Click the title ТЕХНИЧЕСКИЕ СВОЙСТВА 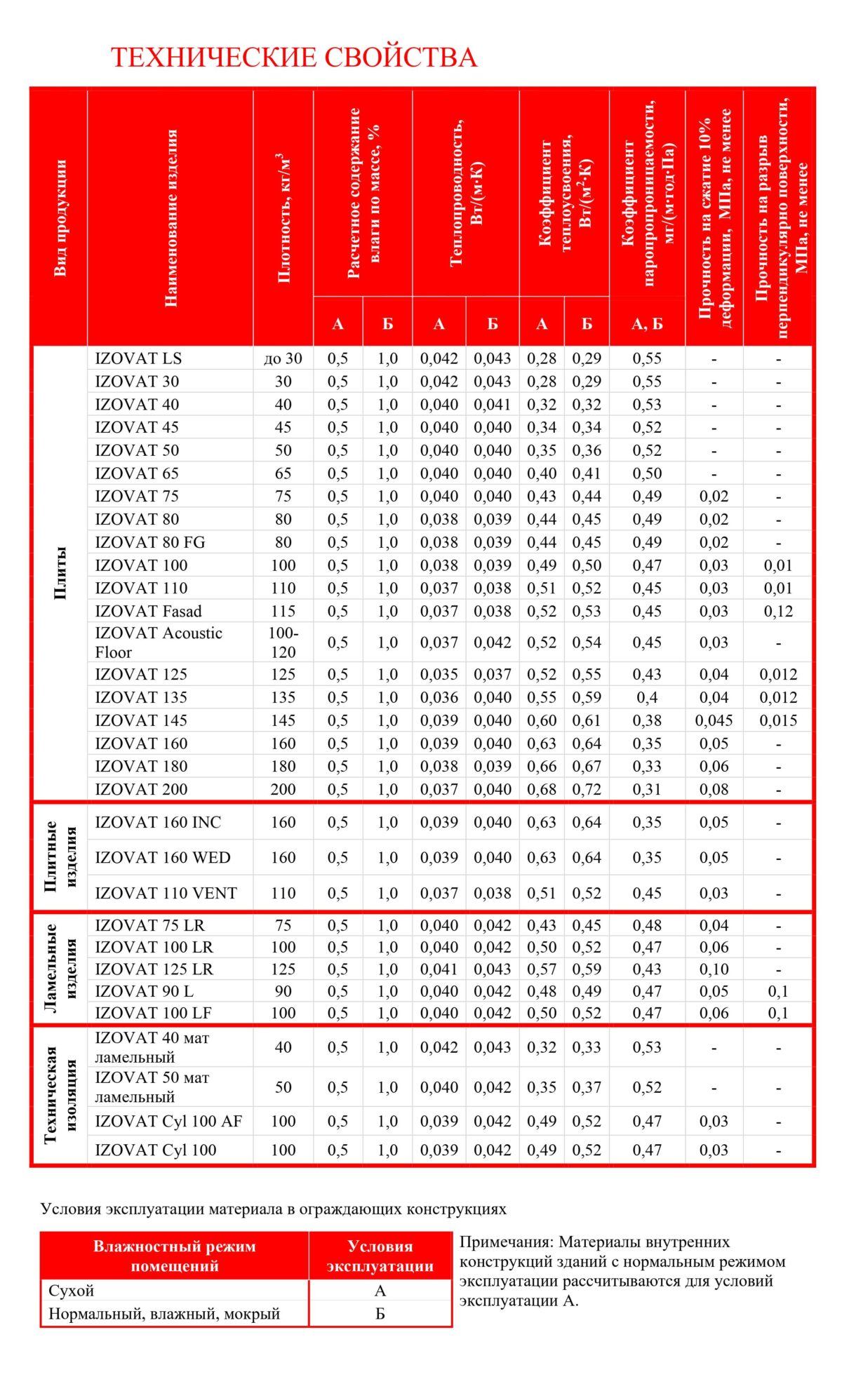point(294,58)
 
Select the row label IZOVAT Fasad point(148,611)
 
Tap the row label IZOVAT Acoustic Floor point(159,642)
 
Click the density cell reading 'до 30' point(283,358)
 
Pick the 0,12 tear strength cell point(778,611)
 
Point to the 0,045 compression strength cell point(714,720)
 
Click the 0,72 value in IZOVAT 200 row point(587,789)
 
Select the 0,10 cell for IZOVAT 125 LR point(714,969)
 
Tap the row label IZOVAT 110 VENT point(166,893)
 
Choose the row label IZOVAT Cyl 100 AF point(168,1121)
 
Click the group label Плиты point(60,572)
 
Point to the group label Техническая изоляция point(60,1095)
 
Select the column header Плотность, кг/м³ point(283,217)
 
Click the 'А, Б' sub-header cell point(647,323)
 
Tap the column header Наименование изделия point(171,217)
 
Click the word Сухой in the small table point(72,1290)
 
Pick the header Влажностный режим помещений point(175,1256)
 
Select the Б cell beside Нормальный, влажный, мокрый point(380,1313)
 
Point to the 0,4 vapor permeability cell point(647,697)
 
